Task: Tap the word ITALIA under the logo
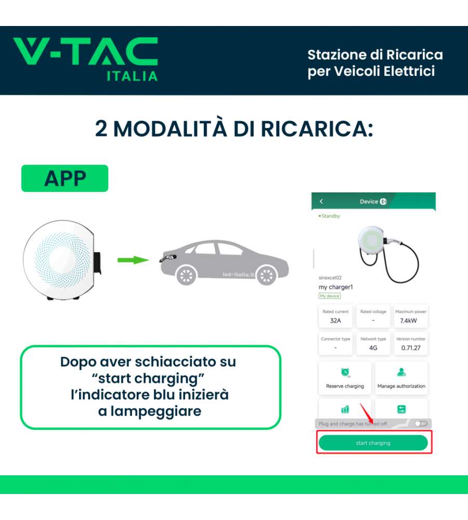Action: coord(132,76)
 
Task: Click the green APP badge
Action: coord(64,178)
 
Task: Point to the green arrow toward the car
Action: coord(133,260)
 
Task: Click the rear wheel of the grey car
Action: coord(186,275)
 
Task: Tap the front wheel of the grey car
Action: coord(266,275)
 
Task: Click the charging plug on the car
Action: coord(168,257)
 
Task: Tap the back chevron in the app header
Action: coord(321,201)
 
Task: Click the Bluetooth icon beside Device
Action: coord(383,201)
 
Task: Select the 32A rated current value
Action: coord(335,321)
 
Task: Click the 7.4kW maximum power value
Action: coord(408,321)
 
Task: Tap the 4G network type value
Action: coord(373,348)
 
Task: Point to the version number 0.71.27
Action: coord(411,348)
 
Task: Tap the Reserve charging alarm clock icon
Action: coord(345,372)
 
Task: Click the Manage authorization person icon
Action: coord(401,372)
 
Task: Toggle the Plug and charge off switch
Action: coord(421,423)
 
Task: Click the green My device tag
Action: coord(329,296)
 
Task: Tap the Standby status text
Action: coord(329,216)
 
